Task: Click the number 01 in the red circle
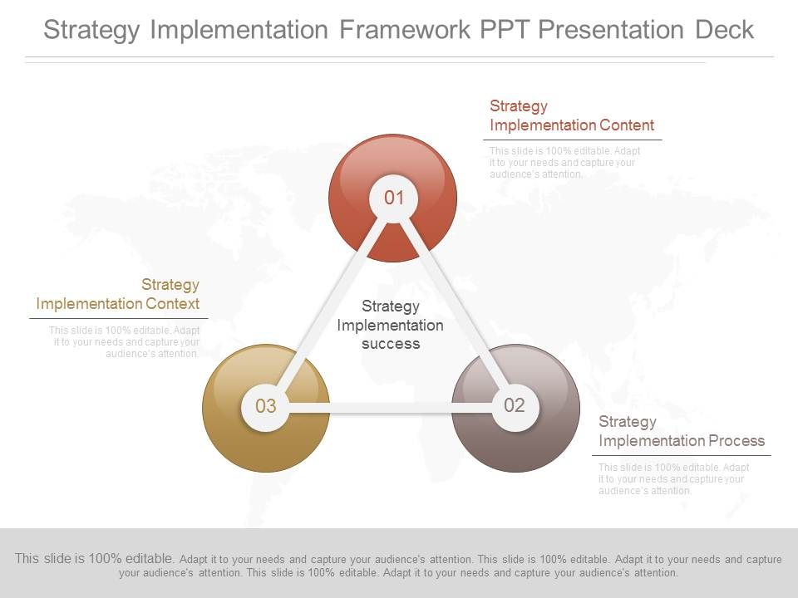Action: (x=393, y=198)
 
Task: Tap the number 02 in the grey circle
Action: (x=515, y=405)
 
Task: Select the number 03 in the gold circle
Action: (x=265, y=406)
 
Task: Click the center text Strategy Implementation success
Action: (x=391, y=325)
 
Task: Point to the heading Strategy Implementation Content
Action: (x=571, y=115)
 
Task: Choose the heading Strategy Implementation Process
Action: (x=681, y=431)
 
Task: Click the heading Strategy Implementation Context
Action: (x=118, y=294)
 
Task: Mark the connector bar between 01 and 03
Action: (x=328, y=304)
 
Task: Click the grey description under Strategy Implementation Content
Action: (x=564, y=163)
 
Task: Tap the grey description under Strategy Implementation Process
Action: (x=673, y=479)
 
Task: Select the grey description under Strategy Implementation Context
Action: (x=125, y=342)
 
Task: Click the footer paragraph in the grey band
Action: (x=399, y=566)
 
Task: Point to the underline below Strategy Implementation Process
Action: (x=682, y=455)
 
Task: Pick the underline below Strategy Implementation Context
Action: (x=119, y=318)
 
